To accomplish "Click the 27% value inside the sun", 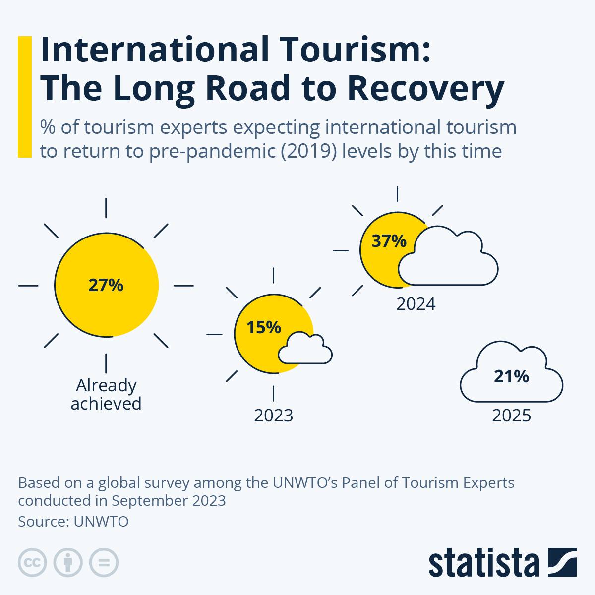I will click(106, 286).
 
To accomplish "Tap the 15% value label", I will click(264, 327).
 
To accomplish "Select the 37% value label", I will click(389, 241).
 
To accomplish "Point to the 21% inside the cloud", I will click(511, 377).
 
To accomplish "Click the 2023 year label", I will click(274, 416).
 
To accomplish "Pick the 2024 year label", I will click(416, 304).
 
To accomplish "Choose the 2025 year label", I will click(511, 416).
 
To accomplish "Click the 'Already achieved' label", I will click(106, 394).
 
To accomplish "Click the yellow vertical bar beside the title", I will click(24, 97).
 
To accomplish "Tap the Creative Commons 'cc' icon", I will click(32, 563).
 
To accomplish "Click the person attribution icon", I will click(68, 563).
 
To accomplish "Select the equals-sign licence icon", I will click(104, 563).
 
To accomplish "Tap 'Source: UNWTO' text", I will click(73, 522).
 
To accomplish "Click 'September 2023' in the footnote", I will click(169, 501).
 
